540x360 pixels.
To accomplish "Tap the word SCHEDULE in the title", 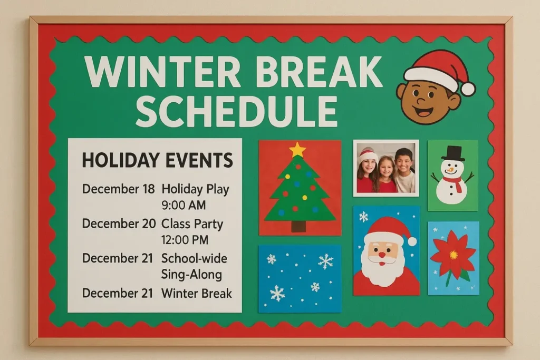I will (236, 111).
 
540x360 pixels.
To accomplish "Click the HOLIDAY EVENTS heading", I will (157, 160).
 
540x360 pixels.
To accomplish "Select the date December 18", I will (118, 189).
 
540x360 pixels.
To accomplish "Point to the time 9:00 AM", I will (184, 205).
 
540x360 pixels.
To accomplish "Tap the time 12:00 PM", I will (185, 240).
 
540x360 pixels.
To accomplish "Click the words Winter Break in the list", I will (196, 293).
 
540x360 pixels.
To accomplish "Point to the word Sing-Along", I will (191, 275).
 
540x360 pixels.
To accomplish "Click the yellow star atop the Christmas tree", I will (298, 150).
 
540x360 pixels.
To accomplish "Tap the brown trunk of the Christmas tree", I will (298, 226).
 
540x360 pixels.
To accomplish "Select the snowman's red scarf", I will (454, 182).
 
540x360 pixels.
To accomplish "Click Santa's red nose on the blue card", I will (382, 255).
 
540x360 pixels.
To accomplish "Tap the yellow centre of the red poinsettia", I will (453, 255).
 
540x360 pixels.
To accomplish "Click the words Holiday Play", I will (195, 189).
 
